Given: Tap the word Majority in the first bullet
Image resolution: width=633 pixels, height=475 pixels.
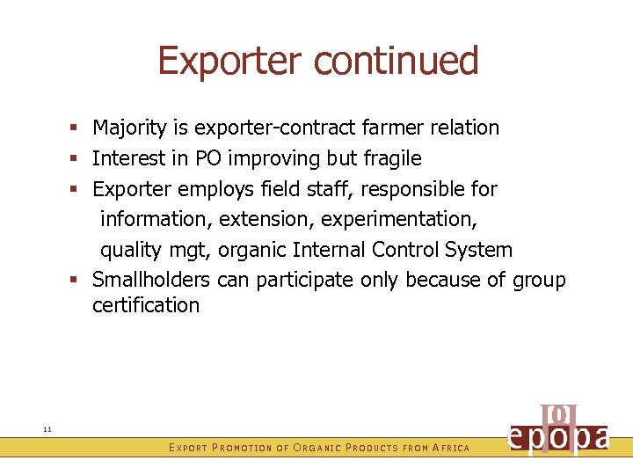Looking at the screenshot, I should tap(129, 128).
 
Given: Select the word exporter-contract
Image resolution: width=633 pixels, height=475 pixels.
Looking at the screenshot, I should tap(275, 128).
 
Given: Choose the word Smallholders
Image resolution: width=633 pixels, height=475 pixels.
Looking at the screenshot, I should tap(151, 280).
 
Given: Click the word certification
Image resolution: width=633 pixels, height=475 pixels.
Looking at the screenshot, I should tap(146, 306).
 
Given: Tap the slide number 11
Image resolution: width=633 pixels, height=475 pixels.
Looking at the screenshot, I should tap(47, 428).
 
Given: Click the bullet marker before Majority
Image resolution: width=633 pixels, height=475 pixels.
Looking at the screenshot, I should tap(79, 128).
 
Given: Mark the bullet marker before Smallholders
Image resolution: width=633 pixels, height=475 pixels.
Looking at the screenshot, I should tap(79, 281).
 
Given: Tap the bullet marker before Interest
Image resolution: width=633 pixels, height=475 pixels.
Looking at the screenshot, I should tap(79, 159).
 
